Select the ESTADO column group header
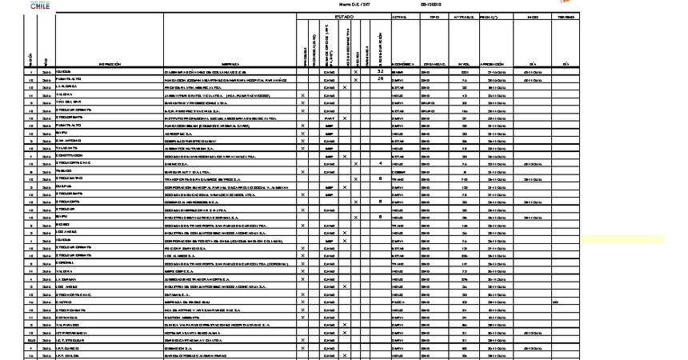click(343, 16)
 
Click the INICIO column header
click(532, 16)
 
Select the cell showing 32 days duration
click(381, 72)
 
